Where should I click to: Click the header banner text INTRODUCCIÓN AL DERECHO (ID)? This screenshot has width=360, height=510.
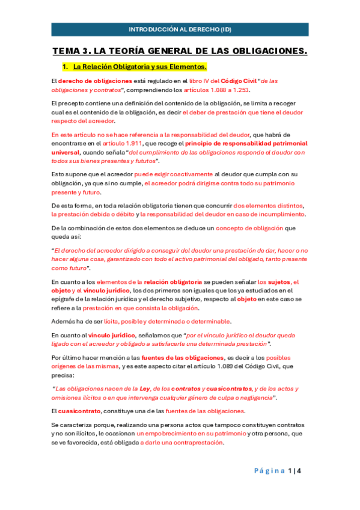(x=180, y=28)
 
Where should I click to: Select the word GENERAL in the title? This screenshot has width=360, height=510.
(x=179, y=51)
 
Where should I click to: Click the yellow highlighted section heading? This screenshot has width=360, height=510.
(x=139, y=66)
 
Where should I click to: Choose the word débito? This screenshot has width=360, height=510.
(x=124, y=214)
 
